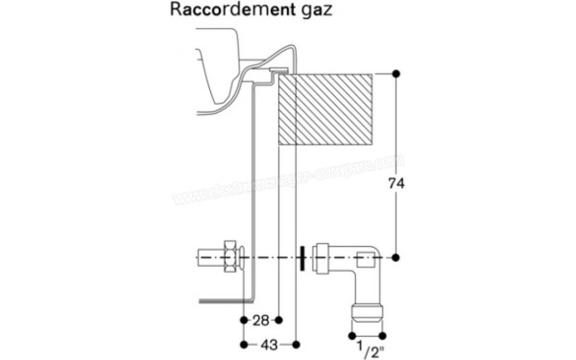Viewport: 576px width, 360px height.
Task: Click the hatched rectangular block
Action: pyautogui.click(x=324, y=108)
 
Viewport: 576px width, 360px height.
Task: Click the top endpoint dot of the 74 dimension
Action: pyautogui.click(x=396, y=73)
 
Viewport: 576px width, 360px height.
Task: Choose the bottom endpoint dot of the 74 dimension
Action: pyautogui.click(x=396, y=257)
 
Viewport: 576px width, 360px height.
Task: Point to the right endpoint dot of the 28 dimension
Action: pyautogui.click(x=278, y=318)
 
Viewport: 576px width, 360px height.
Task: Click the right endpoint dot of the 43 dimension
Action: pyautogui.click(x=297, y=343)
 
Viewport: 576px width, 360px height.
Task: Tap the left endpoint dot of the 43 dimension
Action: pyautogui.click(x=240, y=343)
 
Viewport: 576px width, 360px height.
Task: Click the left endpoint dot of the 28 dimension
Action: pyautogui.click(x=240, y=318)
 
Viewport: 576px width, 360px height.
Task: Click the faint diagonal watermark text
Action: pyautogui.click(x=288, y=182)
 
